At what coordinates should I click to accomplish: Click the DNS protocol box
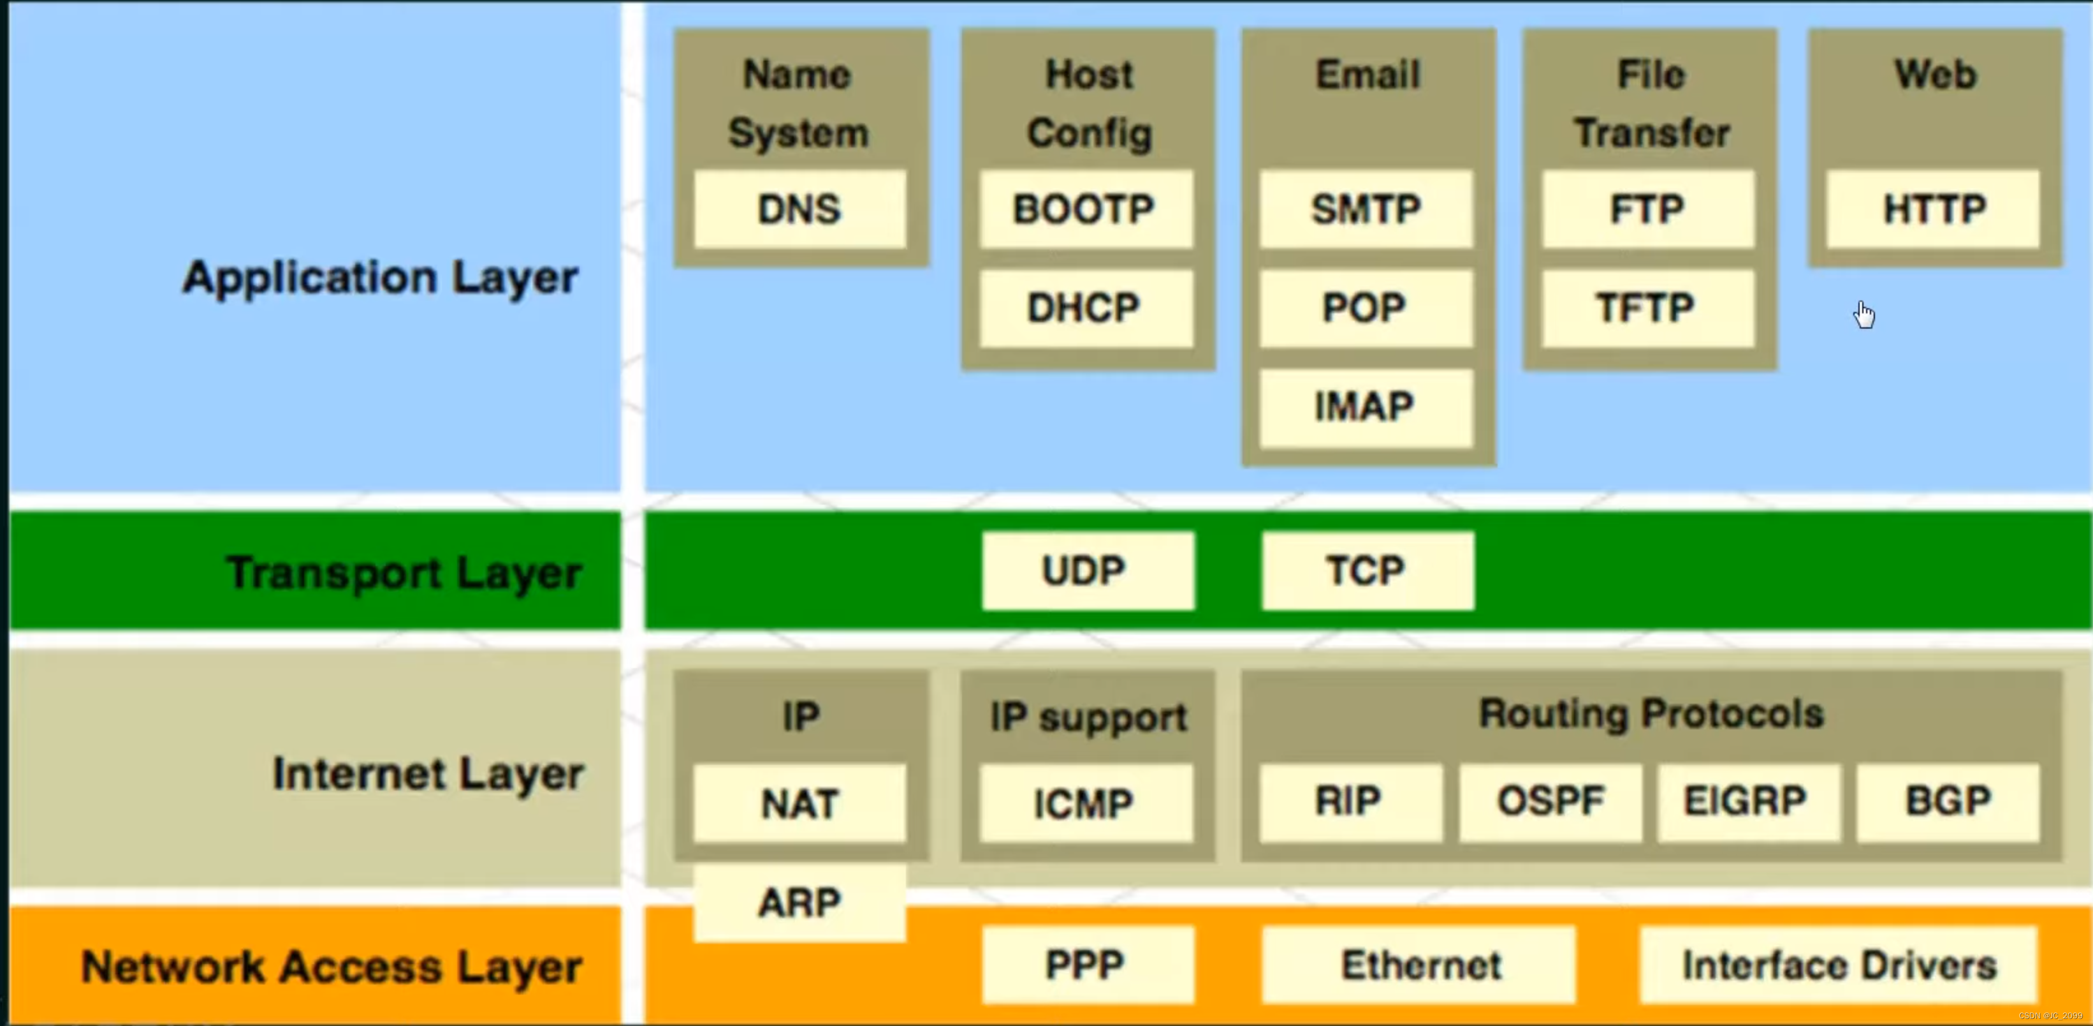click(x=799, y=209)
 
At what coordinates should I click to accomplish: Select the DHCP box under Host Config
click(x=1086, y=308)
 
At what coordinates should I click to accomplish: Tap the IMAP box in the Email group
click(x=1365, y=406)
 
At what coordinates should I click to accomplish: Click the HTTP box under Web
click(x=1933, y=209)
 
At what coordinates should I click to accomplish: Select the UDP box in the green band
click(x=1087, y=570)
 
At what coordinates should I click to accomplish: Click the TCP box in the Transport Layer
click(x=1367, y=570)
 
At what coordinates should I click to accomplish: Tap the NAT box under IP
click(x=799, y=803)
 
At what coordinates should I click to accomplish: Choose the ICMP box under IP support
click(x=1086, y=803)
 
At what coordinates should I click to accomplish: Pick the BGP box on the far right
click(x=1947, y=801)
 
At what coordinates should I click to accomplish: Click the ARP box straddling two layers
click(x=799, y=902)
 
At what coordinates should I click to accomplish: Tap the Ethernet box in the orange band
click(x=1418, y=965)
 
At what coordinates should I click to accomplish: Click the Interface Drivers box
click(x=1838, y=965)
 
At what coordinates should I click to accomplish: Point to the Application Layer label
click(x=380, y=278)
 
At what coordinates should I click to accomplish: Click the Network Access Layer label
click(x=332, y=967)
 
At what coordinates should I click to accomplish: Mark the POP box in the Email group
click(x=1365, y=308)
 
